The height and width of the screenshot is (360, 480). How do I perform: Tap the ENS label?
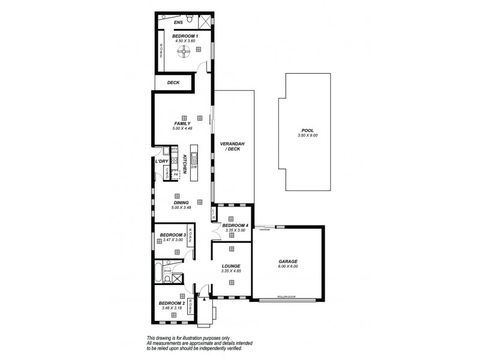click(178, 23)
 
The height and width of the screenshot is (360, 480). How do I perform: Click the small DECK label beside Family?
click(173, 83)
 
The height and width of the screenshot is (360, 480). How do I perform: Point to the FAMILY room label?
click(182, 123)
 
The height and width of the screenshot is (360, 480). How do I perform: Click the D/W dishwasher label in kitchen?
click(194, 167)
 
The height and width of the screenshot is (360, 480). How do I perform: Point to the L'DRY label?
click(161, 161)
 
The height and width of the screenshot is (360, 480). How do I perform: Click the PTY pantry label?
click(174, 149)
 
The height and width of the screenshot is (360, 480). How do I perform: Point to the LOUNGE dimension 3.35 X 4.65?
click(230, 271)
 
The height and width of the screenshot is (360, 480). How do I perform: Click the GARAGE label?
click(287, 262)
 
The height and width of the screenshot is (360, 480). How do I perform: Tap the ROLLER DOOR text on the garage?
click(287, 297)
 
